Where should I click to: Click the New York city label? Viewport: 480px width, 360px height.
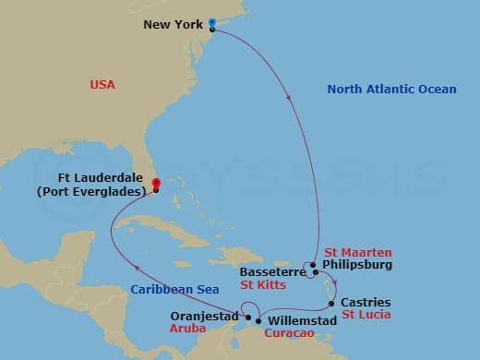pyautogui.click(x=174, y=25)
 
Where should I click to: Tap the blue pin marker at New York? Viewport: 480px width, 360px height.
pyautogui.click(x=212, y=23)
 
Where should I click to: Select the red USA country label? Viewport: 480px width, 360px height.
pyautogui.click(x=102, y=85)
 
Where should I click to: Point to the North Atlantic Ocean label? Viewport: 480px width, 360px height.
pyautogui.click(x=391, y=90)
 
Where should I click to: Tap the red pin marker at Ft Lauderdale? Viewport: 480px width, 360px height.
pyautogui.click(x=156, y=184)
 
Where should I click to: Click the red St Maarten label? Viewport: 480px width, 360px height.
pyautogui.click(x=358, y=252)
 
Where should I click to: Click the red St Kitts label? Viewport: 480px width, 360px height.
pyautogui.click(x=260, y=285)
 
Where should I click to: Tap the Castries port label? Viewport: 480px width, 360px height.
pyautogui.click(x=366, y=302)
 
